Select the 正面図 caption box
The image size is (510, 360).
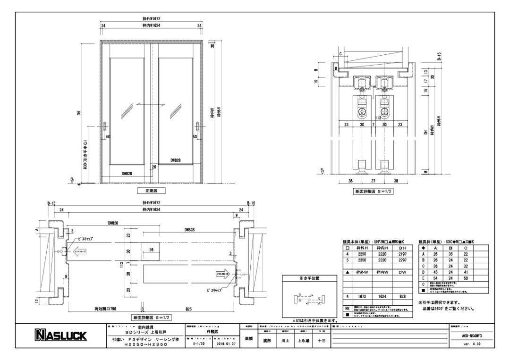click(147, 191)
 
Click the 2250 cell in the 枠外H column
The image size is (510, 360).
click(362, 253)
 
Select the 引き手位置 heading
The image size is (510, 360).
click(309, 278)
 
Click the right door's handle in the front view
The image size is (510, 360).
click(197, 128)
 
